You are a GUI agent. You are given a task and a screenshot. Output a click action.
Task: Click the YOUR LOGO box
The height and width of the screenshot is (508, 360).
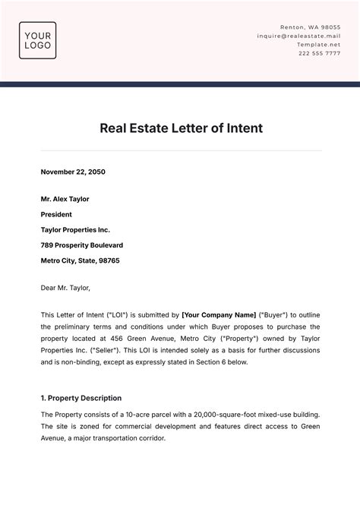tap(37, 40)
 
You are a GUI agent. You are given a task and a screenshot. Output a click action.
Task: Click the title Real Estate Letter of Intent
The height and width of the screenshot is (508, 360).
tap(181, 128)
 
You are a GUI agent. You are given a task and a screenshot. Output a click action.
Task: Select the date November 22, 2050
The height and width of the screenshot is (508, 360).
tap(73, 172)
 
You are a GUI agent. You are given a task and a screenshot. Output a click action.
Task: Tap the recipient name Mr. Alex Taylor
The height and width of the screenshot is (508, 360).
tap(65, 199)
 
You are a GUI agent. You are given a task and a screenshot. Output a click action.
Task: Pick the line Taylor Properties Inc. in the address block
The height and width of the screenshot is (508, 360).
tap(75, 229)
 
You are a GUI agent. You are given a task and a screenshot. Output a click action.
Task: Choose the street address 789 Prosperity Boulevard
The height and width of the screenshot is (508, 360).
tap(82, 245)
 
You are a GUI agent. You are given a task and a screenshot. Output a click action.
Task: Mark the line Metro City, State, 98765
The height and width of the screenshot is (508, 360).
tap(80, 260)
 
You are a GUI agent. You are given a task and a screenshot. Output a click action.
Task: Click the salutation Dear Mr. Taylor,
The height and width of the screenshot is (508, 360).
tap(65, 288)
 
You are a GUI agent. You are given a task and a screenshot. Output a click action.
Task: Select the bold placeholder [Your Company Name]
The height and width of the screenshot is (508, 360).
tap(218, 314)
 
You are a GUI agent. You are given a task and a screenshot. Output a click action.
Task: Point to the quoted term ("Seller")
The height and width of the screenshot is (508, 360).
tap(103, 350)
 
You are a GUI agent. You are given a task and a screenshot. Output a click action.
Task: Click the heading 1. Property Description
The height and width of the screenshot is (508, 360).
tap(81, 398)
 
